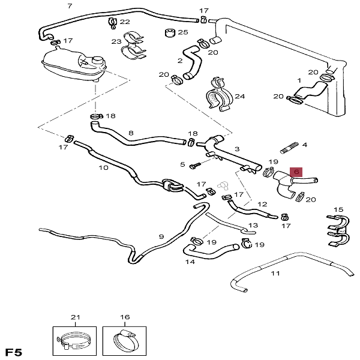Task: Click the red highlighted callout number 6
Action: click(295, 172)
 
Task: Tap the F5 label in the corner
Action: click(15, 351)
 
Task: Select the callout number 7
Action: click(70, 6)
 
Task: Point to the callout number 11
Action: click(275, 274)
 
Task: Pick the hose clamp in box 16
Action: click(124, 340)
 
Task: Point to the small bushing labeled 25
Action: click(168, 32)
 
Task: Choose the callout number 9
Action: click(161, 237)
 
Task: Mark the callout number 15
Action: click(339, 209)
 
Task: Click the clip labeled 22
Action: click(112, 22)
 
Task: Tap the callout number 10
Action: click(103, 168)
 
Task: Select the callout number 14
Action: click(190, 262)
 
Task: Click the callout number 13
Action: click(253, 226)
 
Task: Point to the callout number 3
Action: click(236, 149)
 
